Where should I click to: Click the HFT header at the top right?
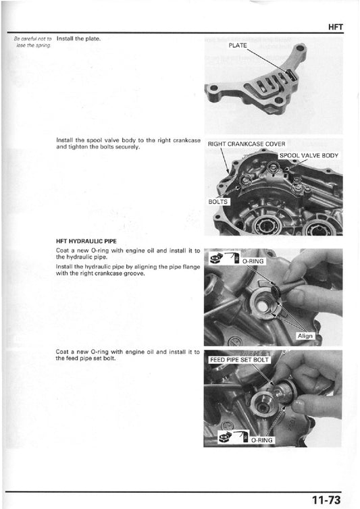tap(336, 27)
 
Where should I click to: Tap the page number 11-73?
tap(328, 500)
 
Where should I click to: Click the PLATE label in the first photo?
tap(238, 45)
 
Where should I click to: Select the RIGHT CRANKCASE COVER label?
tap(247, 144)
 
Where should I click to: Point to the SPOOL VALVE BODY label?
tap(309, 155)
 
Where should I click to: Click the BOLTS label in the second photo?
tap(219, 201)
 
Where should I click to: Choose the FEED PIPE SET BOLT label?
tap(239, 359)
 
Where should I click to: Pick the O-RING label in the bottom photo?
tap(261, 439)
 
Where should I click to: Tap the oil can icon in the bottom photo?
tap(224, 438)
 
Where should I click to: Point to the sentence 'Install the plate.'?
tap(78, 38)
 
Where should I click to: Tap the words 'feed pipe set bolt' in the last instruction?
tap(84, 358)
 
